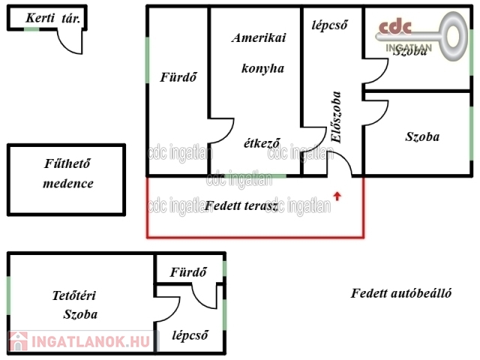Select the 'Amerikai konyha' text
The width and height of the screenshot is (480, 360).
click(257, 52)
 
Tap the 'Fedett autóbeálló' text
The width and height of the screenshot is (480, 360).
click(400, 293)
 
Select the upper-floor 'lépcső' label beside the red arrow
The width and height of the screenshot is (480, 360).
click(329, 23)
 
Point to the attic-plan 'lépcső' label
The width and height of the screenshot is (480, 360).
click(189, 334)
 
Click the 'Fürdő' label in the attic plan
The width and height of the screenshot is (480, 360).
click(187, 271)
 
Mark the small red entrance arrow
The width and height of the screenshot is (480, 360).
click(337, 196)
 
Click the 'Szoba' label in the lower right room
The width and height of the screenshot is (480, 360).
click(422, 136)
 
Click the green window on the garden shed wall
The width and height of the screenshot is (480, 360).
click(31, 28)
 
